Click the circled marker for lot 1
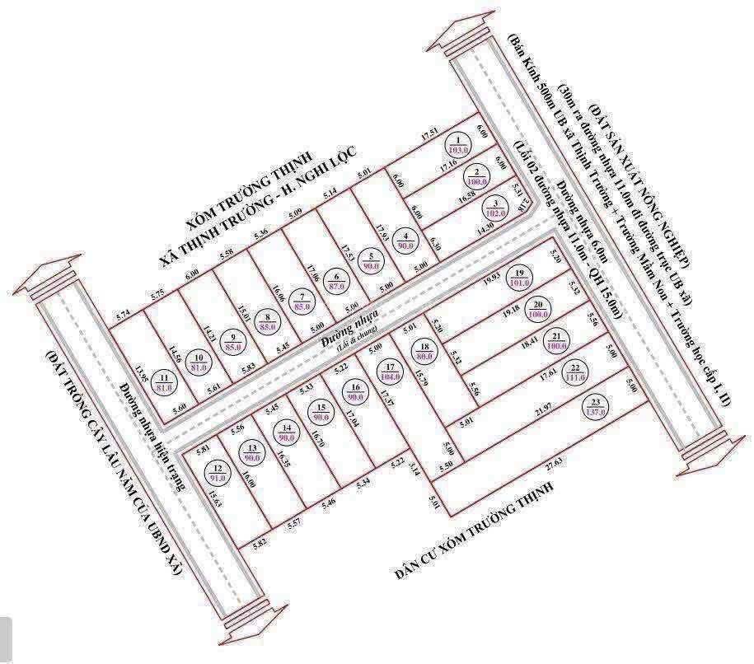(x=457, y=146)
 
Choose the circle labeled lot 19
(x=518, y=278)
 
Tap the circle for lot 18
(x=424, y=352)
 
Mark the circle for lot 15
(x=321, y=412)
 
